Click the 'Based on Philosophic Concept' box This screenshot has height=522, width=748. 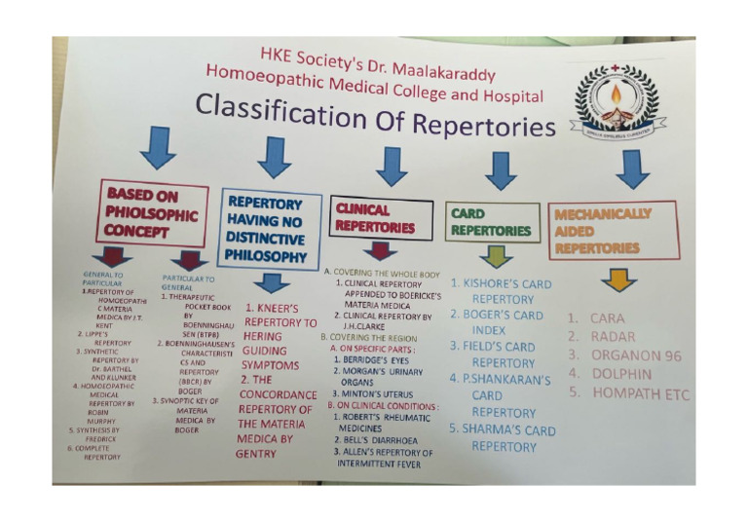152,212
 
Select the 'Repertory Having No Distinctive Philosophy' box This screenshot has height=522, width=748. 270,228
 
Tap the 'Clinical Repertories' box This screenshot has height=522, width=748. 379,218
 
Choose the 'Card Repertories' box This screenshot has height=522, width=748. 492,222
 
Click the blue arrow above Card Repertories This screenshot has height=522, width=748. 501,169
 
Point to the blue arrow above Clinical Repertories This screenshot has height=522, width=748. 392,165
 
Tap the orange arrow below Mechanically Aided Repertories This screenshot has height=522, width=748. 618,280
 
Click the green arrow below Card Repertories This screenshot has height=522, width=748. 497,256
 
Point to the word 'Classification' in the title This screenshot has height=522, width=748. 272,111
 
